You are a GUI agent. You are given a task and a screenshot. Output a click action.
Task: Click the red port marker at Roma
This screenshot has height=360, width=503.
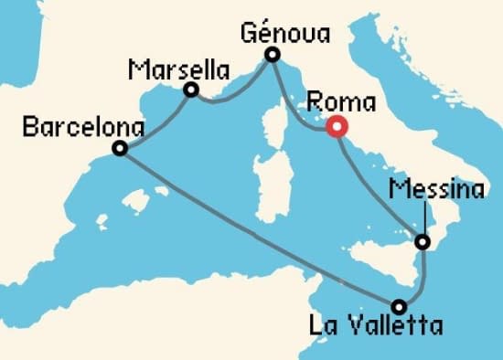337,129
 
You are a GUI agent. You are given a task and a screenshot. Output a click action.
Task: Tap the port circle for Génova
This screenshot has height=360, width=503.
272,56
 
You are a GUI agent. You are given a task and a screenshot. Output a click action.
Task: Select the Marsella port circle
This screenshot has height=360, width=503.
191,90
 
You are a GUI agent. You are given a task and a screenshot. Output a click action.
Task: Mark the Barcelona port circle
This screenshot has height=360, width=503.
119,148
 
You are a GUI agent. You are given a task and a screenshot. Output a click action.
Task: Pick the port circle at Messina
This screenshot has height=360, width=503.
423,243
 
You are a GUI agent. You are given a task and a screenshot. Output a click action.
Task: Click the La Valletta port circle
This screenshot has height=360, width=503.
399,307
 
